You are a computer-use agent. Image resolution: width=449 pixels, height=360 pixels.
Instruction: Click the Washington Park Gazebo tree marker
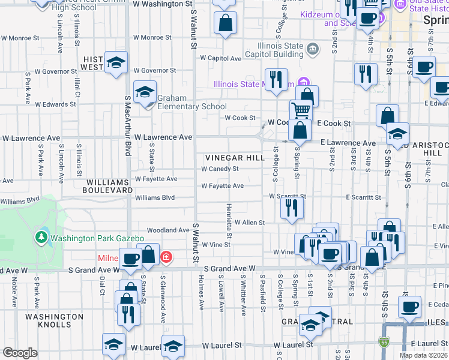41,238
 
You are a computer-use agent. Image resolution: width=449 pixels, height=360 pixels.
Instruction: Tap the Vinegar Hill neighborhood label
235,158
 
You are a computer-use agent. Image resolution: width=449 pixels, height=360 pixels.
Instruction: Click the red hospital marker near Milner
166,258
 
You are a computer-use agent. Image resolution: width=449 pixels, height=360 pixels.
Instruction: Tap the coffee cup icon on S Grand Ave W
130,259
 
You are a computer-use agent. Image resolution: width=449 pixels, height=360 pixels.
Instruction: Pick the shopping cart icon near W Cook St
301,110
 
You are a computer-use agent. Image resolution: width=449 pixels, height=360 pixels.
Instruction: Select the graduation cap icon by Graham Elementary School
145,92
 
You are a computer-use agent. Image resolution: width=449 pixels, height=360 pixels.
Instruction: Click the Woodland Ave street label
168,230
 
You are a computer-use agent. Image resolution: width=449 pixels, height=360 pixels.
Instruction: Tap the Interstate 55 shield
384,343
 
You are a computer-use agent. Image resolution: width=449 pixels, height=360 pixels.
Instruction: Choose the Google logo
20,353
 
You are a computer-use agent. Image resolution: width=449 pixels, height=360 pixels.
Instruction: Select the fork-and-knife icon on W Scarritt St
292,207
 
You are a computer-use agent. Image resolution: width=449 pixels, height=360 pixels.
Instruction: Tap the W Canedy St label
220,169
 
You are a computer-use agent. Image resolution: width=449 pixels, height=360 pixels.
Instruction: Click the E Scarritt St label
363,197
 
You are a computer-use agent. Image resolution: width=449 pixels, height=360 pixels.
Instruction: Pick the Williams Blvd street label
155,197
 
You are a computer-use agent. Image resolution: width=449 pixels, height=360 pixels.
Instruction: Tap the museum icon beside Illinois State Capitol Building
313,49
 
